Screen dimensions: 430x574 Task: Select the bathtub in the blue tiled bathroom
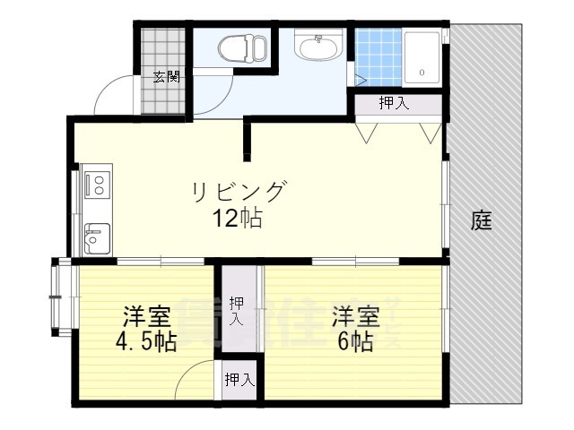pos(421,57)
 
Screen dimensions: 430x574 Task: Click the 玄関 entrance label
pos(165,76)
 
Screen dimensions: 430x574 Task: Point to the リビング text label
pos(238,192)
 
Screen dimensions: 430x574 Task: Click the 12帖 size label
pos(238,218)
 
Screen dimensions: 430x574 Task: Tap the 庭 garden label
pos(482,220)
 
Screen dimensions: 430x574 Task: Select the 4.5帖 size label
pos(146,341)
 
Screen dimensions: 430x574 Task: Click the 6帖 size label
pos(356,341)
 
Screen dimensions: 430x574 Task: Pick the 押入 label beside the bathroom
pos(394,103)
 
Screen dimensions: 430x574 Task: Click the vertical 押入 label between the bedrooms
pos(236,309)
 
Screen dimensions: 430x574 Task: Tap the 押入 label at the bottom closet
pos(239,380)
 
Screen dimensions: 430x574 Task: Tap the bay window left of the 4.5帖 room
pos(58,296)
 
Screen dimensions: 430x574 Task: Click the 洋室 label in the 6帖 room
pos(356,316)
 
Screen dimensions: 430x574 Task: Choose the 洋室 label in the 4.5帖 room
pos(146,316)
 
